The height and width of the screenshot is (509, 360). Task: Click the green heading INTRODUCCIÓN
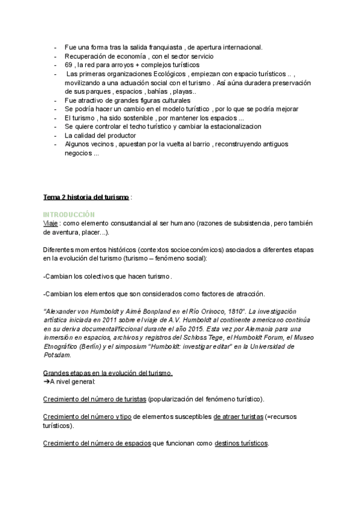pos(69,214)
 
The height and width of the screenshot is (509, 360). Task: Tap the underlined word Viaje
pos(52,223)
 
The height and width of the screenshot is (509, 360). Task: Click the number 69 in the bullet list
pos(68,64)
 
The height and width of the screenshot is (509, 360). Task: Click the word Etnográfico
pos(64,346)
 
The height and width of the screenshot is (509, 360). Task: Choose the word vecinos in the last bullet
pos(103,144)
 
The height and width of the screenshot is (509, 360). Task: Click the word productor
pos(123,136)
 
